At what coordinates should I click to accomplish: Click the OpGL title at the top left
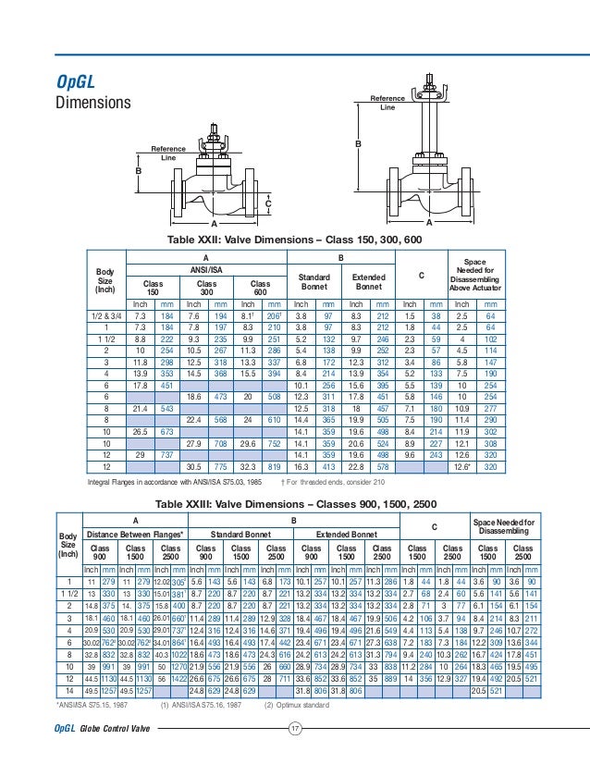pos(78,80)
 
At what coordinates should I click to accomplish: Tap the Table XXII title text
pos(294,240)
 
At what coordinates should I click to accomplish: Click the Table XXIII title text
pos(294,503)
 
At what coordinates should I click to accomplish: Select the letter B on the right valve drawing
pos(357,145)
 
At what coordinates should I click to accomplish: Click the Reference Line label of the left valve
pos(168,154)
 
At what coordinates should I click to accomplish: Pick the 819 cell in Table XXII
pos(275,470)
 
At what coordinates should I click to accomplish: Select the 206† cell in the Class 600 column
pos(274,315)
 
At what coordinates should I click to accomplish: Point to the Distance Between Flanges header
pos(135,535)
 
